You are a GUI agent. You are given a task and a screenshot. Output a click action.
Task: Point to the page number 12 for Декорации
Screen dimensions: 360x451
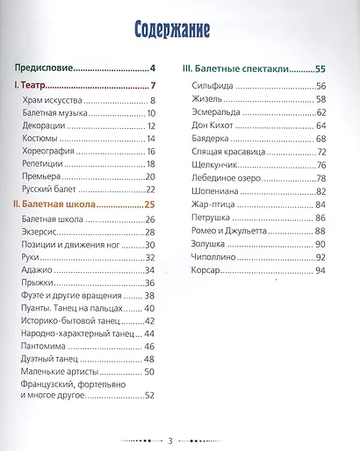151,125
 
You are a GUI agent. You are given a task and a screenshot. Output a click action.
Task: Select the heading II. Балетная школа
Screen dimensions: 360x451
59,206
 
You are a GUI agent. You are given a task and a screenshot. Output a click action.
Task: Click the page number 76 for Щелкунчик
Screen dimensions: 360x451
320,166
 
